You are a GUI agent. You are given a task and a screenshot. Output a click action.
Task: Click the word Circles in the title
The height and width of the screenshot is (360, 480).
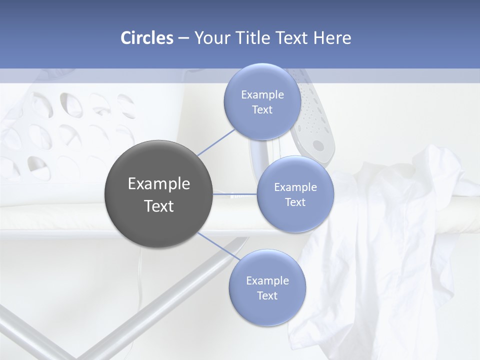tap(146, 38)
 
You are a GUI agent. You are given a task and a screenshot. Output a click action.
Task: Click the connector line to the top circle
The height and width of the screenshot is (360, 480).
tap(216, 142)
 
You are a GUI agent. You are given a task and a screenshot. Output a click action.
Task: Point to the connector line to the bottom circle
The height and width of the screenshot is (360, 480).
tap(218, 246)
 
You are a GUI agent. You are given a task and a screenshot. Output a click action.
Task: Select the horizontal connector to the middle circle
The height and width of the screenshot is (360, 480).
tap(235, 194)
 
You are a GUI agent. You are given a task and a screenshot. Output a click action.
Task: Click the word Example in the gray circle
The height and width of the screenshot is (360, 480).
tap(159, 184)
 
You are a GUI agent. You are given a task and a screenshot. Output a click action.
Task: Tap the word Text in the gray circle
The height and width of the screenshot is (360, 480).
tap(159, 206)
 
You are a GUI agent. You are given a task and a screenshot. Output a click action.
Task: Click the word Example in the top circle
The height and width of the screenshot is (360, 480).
tap(262, 95)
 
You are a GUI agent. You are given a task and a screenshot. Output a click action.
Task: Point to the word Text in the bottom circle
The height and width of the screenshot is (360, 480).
tap(267, 295)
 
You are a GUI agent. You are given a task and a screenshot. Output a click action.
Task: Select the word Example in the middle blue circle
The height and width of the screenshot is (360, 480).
tap(295, 187)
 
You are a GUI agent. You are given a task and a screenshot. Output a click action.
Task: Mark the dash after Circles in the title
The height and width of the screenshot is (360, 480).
tap(183, 38)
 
